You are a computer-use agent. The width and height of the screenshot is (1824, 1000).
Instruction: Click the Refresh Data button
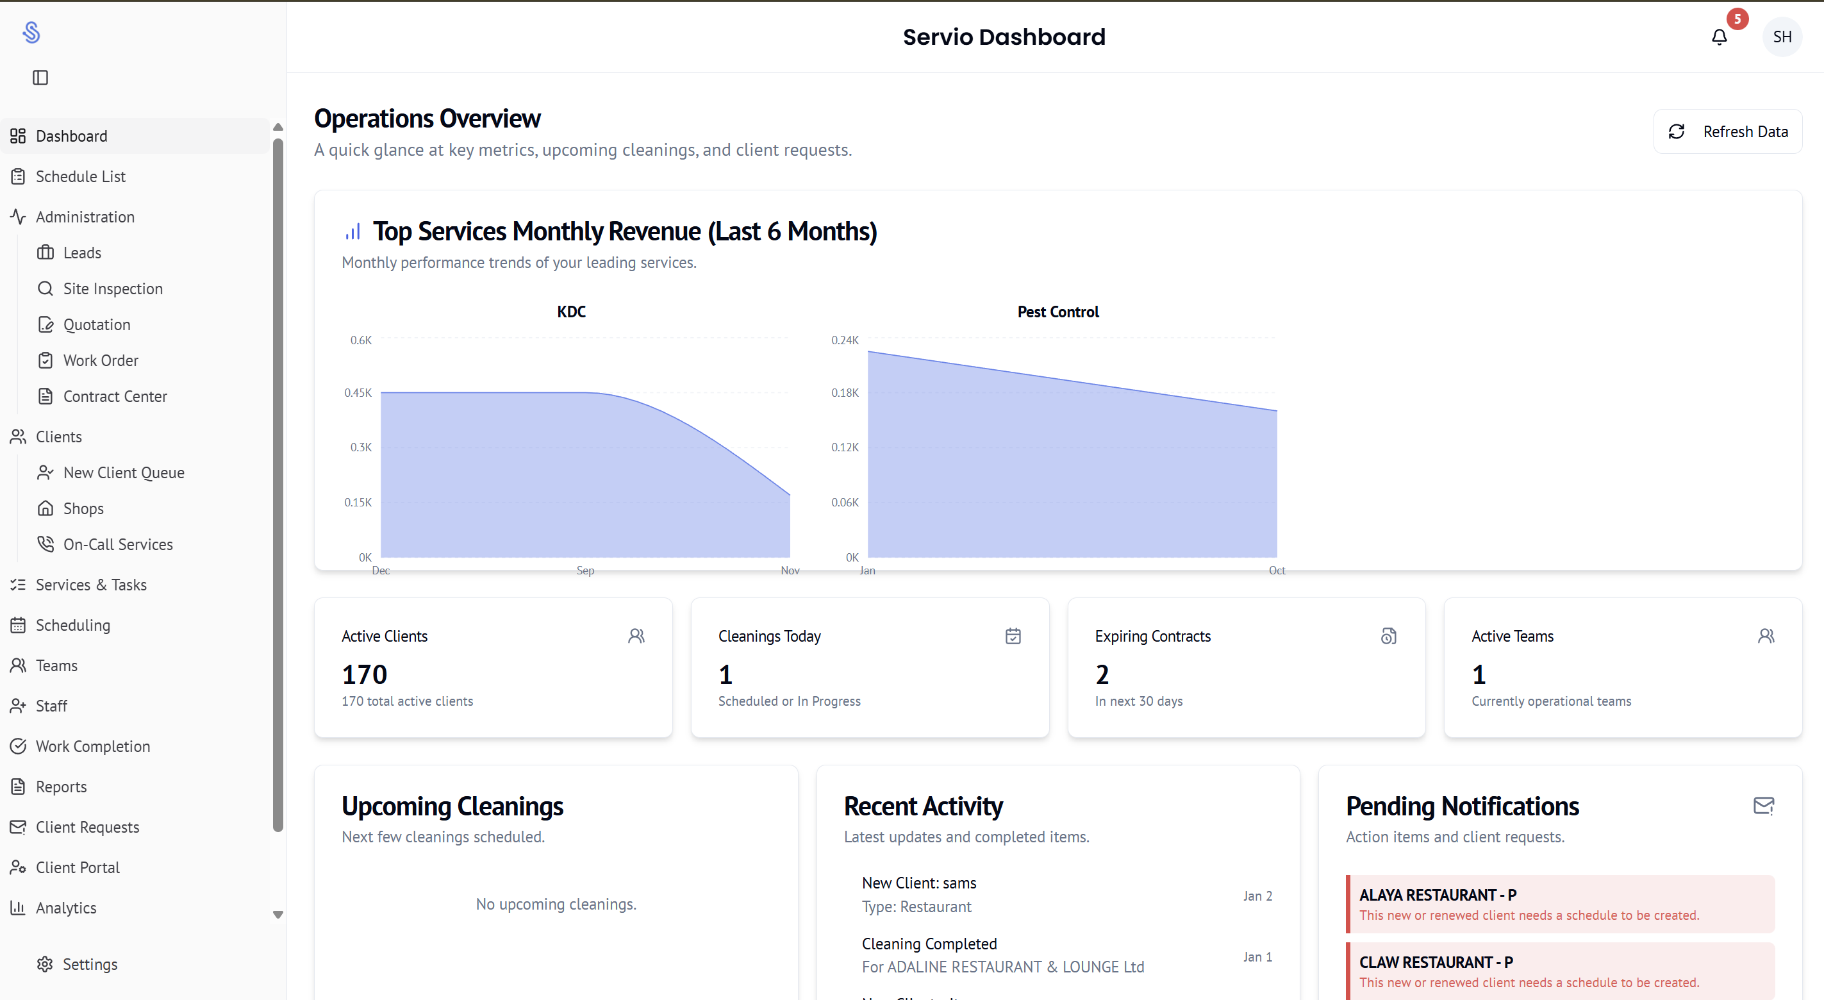click(1728, 131)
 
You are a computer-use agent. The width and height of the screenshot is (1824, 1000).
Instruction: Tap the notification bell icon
click(1719, 37)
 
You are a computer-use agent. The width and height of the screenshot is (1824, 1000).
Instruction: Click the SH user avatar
click(1782, 37)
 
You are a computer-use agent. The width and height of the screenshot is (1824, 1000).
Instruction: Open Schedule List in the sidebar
click(80, 176)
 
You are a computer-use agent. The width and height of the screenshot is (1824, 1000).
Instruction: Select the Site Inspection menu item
click(113, 289)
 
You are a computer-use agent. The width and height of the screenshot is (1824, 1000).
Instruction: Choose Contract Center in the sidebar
click(115, 397)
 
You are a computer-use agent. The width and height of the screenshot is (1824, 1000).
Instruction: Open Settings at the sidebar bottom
click(89, 965)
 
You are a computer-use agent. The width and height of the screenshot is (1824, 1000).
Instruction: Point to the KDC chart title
click(572, 312)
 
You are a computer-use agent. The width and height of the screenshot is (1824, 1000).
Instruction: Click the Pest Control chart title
click(1058, 312)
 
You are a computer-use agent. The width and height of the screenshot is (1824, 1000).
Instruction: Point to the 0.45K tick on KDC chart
click(358, 393)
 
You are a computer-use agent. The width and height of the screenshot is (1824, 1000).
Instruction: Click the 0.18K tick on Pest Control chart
click(845, 393)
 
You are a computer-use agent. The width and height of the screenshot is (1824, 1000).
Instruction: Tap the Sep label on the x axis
click(586, 571)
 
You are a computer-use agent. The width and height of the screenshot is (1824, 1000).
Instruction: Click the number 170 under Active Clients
click(365, 675)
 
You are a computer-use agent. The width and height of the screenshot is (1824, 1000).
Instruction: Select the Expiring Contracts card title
click(1153, 637)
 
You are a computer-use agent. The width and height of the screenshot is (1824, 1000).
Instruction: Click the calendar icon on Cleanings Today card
click(1013, 637)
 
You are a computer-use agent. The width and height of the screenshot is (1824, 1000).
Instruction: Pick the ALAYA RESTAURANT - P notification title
click(1438, 895)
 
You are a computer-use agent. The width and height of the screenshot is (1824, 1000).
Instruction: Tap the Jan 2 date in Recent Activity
click(1257, 897)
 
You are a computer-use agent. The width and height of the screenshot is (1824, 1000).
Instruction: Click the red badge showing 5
click(1737, 19)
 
